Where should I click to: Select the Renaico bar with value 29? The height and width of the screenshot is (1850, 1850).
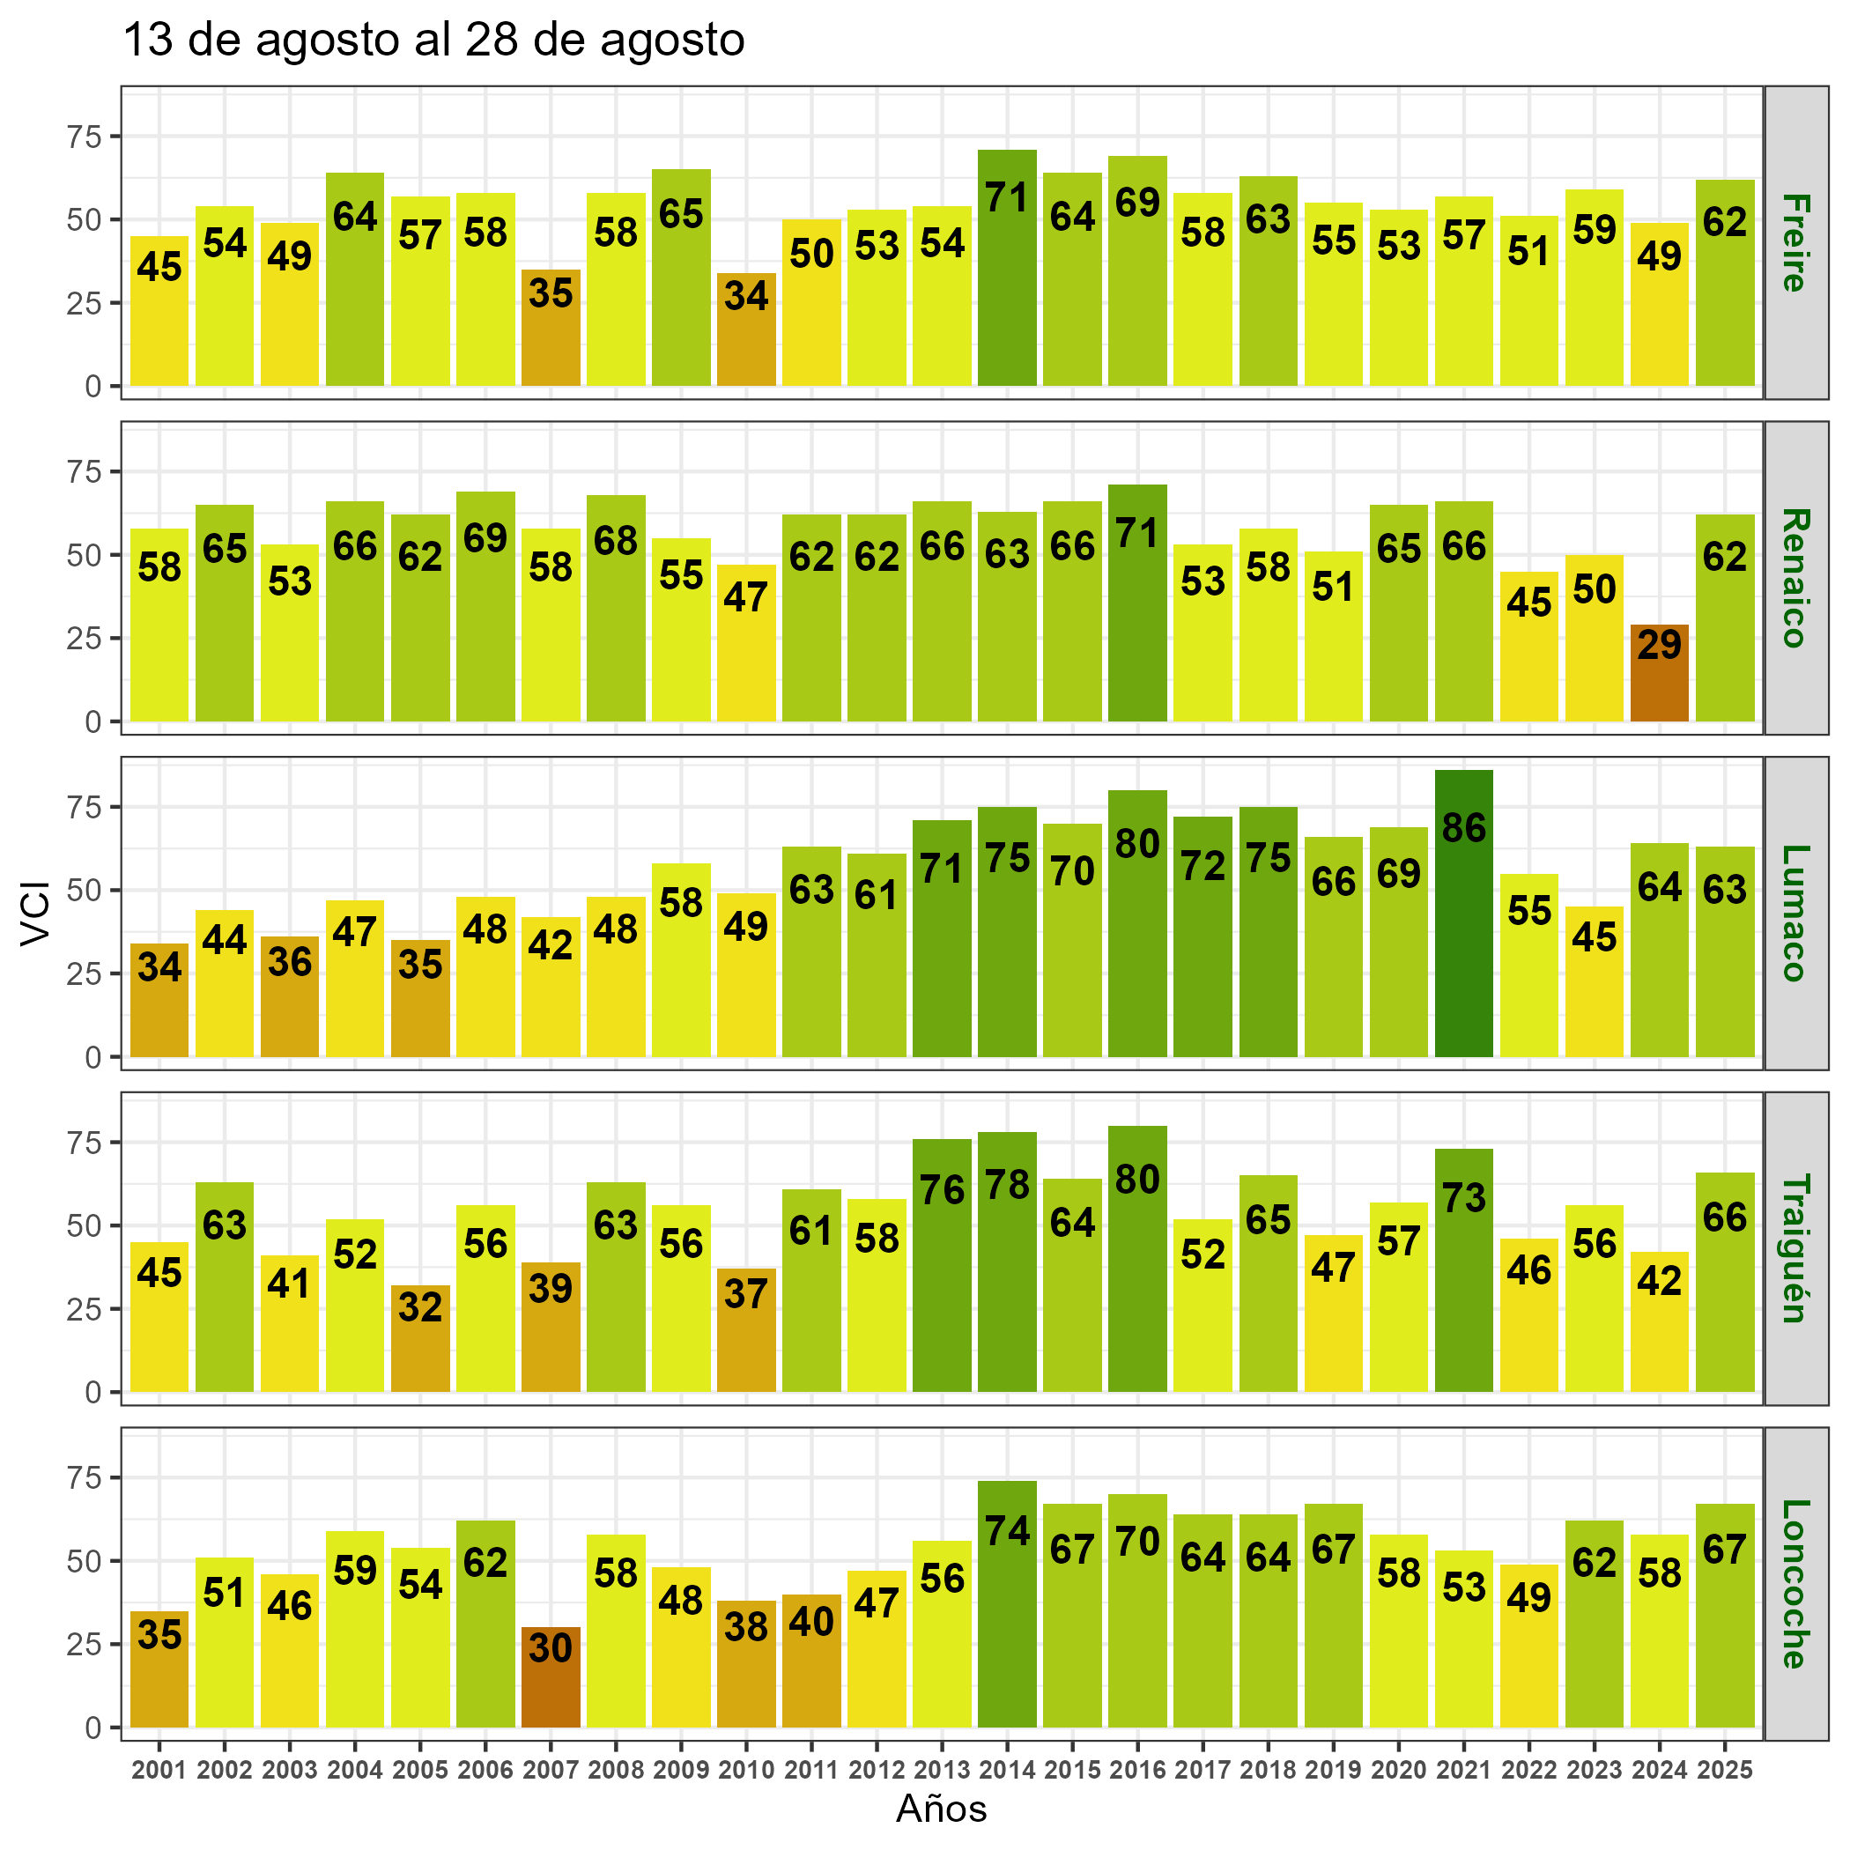pyautogui.click(x=1659, y=672)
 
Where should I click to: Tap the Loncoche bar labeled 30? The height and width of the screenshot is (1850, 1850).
pyautogui.click(x=551, y=1676)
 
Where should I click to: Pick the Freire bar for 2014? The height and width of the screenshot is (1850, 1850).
pyautogui.click(x=1007, y=268)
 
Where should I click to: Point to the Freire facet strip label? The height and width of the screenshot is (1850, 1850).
pyautogui.click(x=1794, y=242)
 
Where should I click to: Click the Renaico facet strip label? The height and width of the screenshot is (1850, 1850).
pyautogui.click(x=1794, y=577)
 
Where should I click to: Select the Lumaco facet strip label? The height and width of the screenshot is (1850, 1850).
pyautogui.click(x=1794, y=913)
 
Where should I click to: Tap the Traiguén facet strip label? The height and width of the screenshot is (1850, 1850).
pyautogui.click(x=1794, y=1247)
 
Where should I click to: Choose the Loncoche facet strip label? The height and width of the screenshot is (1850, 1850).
pyautogui.click(x=1794, y=1583)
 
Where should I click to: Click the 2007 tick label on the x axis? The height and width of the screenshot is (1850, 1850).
pyautogui.click(x=551, y=1770)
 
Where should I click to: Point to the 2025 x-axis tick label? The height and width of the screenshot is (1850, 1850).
pyautogui.click(x=1725, y=1770)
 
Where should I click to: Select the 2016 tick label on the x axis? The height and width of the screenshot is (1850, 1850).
pyautogui.click(x=1137, y=1770)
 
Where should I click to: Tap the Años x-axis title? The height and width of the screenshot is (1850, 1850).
pyautogui.click(x=941, y=1809)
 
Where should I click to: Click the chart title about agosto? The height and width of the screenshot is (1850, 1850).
pyautogui.click(x=433, y=41)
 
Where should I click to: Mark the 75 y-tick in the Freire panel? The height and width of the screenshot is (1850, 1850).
pyautogui.click(x=85, y=136)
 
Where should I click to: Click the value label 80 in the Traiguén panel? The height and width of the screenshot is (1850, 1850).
pyautogui.click(x=1137, y=1179)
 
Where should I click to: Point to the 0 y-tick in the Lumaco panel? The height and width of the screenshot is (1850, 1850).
pyautogui.click(x=92, y=1056)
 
